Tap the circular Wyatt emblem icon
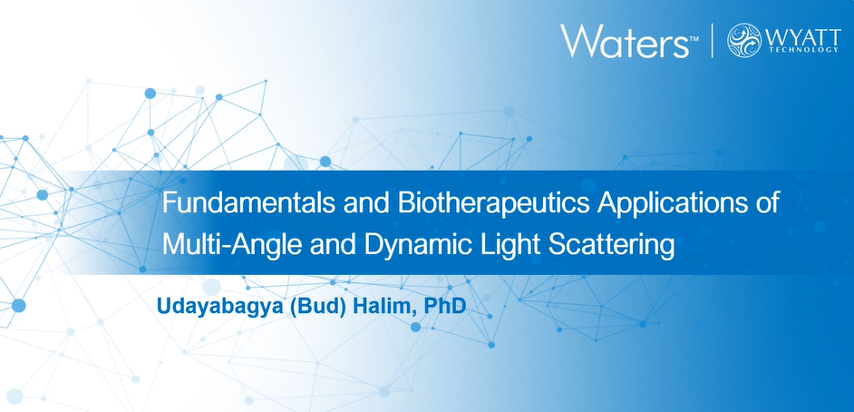pyautogui.click(x=744, y=40)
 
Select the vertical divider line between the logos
pyautogui.click(x=713, y=40)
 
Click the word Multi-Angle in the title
pyautogui.click(x=231, y=245)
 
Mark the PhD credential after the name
pyautogui.click(x=444, y=305)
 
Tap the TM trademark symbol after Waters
pyautogui.click(x=694, y=39)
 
